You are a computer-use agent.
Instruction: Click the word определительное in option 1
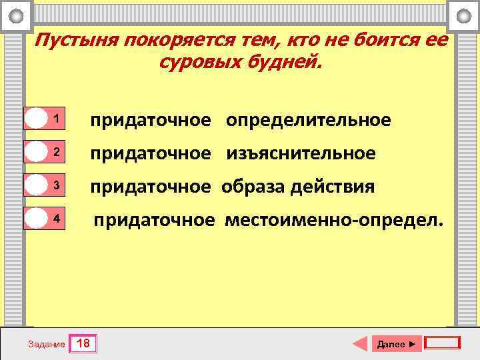309,121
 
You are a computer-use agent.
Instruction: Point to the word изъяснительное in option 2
301,154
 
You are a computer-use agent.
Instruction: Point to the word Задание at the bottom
47,345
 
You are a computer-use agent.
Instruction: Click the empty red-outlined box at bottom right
442,343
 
